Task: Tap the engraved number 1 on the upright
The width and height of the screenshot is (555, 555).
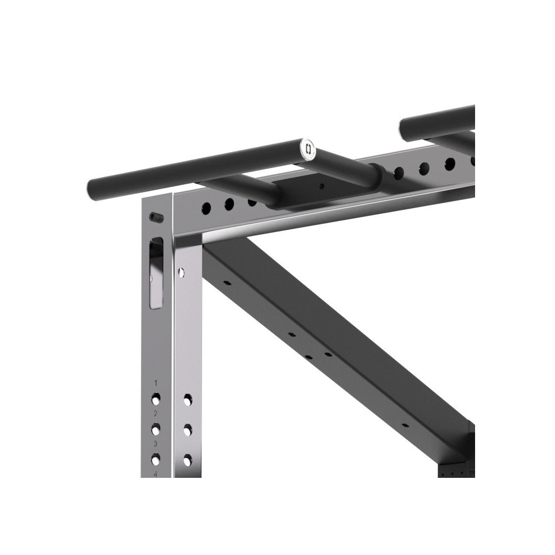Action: point(156,383)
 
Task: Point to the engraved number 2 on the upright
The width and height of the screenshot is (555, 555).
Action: point(156,413)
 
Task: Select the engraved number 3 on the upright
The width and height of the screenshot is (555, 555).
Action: point(156,443)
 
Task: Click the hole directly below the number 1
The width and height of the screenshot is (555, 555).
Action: point(156,398)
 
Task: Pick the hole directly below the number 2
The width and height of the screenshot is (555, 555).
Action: point(156,428)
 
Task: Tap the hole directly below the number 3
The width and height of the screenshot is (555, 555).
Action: point(156,458)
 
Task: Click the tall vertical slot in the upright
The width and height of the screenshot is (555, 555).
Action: point(157,272)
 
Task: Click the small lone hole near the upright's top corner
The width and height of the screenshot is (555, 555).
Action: point(181,271)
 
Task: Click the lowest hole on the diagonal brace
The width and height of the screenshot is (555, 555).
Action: point(405,426)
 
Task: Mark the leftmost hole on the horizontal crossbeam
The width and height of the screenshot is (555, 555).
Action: point(206,209)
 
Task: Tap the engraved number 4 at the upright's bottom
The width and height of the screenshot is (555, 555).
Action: point(156,473)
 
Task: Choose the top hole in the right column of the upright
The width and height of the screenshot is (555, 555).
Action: point(188,399)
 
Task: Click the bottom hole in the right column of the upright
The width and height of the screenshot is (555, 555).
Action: point(188,460)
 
